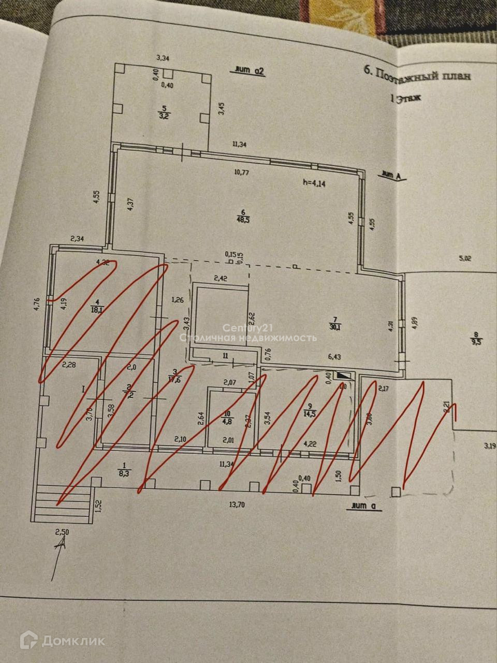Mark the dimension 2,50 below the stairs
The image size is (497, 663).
62,532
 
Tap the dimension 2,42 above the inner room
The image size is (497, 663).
221,278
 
